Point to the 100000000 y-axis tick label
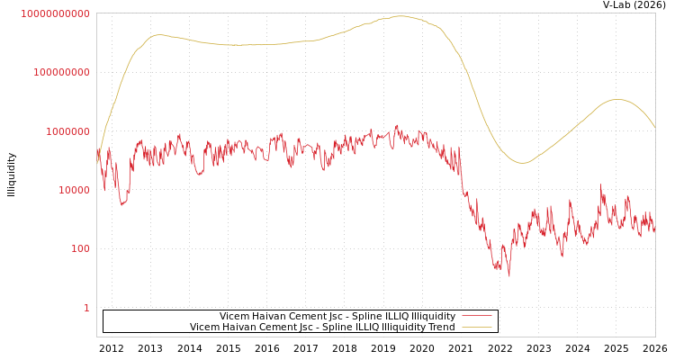(x=61, y=72)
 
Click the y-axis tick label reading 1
(x=86, y=308)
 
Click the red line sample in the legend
(x=476, y=316)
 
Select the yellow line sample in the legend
(x=476, y=327)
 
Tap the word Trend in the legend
(x=440, y=327)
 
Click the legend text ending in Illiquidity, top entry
(x=337, y=316)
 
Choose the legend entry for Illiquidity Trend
(x=322, y=327)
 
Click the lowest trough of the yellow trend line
(x=522, y=163)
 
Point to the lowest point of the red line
(x=508, y=275)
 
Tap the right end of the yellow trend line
(x=654, y=127)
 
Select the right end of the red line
(x=654, y=230)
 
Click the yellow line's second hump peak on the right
(x=616, y=99)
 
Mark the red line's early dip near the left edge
(x=122, y=204)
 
